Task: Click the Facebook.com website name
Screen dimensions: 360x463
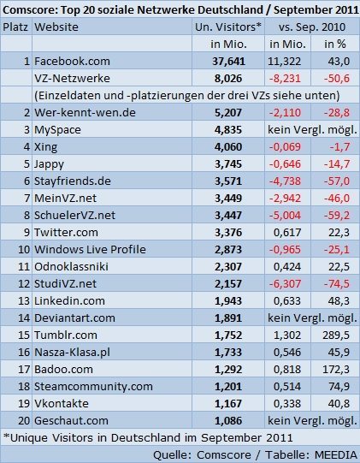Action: coord(72,61)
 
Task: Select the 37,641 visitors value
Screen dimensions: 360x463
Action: coord(228,61)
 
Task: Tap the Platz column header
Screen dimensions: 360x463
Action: coord(15,27)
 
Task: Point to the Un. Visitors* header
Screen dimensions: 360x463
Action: coord(228,27)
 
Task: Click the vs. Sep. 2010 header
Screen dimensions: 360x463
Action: coord(312,27)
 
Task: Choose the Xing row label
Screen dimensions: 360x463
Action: coord(45,146)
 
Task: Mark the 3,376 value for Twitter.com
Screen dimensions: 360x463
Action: coord(228,233)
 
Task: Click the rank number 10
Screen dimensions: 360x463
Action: coord(24,250)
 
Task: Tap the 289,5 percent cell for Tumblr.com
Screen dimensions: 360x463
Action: coord(336,335)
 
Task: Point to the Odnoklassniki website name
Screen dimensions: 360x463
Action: coord(72,267)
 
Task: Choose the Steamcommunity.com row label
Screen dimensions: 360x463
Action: coord(93,387)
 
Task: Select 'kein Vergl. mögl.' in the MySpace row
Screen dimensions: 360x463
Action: coord(312,129)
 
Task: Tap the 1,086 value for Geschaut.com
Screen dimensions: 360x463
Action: coord(228,421)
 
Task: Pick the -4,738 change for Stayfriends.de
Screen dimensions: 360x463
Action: coord(285,181)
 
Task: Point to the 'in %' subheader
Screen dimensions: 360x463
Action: coord(335,44)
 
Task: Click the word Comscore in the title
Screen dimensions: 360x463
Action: coord(28,9)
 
